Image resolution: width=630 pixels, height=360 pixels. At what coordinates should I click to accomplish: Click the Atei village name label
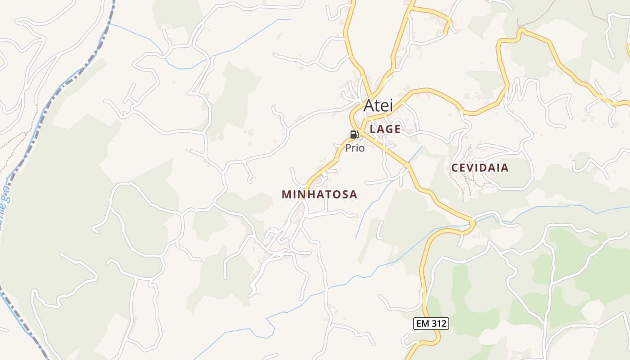coord(378,105)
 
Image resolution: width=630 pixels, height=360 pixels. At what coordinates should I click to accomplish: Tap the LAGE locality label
coord(385,129)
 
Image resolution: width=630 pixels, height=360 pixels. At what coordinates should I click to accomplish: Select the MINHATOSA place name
coord(319,194)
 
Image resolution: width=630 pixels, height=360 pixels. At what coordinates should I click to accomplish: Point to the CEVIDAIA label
coord(480,168)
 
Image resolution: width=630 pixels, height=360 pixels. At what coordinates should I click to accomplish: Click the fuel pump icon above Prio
coord(354,135)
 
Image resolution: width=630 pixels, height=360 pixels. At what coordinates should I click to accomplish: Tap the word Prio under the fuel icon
coord(355,148)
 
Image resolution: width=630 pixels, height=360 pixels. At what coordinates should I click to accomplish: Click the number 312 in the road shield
coord(438,323)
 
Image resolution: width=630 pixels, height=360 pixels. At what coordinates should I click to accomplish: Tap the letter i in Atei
coord(391,105)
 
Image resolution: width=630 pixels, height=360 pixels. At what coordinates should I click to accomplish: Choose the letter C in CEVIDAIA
coord(454,168)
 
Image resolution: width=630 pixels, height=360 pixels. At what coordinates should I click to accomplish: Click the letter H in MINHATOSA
coord(310,194)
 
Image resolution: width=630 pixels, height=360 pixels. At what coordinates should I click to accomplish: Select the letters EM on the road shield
coord(423,323)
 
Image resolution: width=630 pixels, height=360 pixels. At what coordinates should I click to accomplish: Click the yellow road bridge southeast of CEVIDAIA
coord(472,223)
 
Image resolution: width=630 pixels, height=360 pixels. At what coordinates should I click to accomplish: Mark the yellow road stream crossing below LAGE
coord(407,166)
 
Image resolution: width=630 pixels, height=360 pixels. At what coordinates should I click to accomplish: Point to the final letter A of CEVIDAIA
coord(505,168)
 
